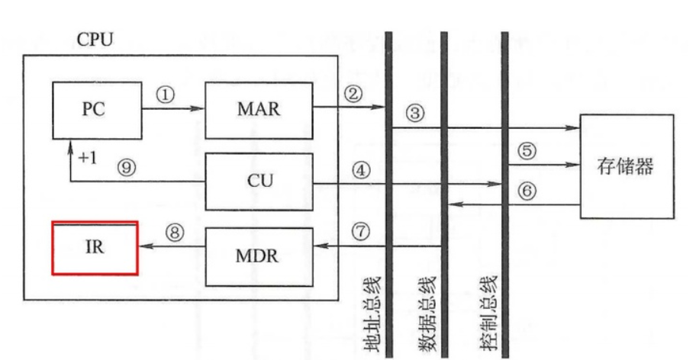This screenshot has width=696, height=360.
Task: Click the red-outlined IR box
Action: pyautogui.click(x=95, y=248)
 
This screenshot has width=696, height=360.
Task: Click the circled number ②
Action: pyautogui.click(x=352, y=94)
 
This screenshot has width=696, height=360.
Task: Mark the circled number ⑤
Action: pyautogui.click(x=527, y=149)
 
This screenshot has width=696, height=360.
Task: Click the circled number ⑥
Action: pyautogui.click(x=527, y=190)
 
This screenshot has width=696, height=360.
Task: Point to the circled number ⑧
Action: pyautogui.click(x=176, y=233)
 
